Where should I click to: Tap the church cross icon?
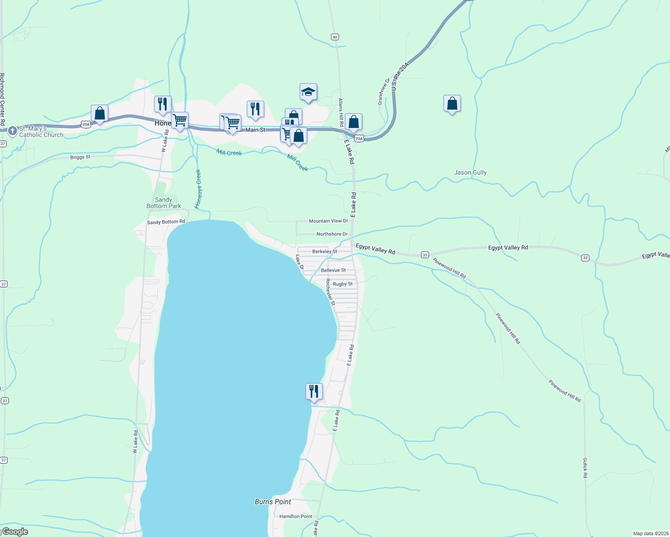pos(13,131)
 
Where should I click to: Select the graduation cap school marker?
pos(308,92)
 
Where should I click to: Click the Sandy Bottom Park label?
pos(164,203)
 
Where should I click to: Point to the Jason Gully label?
pos(470,172)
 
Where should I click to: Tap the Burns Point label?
pos(273,502)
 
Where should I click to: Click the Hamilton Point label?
pos(296,516)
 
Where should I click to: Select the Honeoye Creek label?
pos(198,188)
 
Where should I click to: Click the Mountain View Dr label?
pos(328,221)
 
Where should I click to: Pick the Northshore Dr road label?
pos(332,234)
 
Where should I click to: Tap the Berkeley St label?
pos(325,251)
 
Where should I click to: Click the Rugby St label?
pos(343,284)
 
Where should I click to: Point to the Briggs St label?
pos(80,157)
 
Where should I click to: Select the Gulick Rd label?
pos(585,468)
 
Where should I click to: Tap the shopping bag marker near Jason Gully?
pos(452,104)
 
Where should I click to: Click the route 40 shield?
pos(335,37)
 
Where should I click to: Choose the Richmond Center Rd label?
pos(2,99)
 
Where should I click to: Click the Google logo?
pos(15,532)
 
